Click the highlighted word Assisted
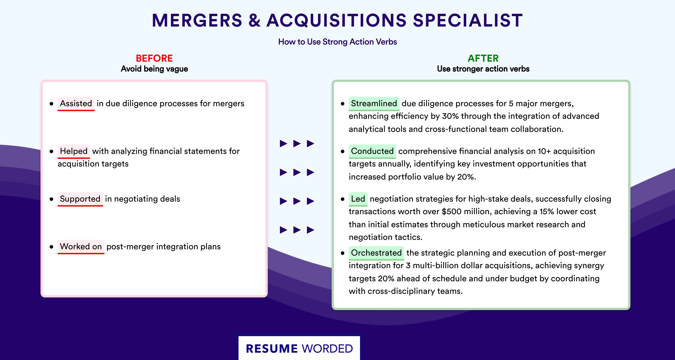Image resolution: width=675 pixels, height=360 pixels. pyautogui.click(x=76, y=103)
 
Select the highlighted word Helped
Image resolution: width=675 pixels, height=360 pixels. pyautogui.click(x=74, y=151)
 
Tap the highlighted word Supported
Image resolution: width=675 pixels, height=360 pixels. pyautogui.click(x=80, y=199)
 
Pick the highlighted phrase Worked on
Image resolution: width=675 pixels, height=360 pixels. pyautogui.click(x=81, y=247)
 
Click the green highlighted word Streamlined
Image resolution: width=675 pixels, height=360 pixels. pyautogui.click(x=374, y=103)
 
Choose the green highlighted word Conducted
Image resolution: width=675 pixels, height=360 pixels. pyautogui.click(x=372, y=151)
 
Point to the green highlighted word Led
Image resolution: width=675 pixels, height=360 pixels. pyautogui.click(x=358, y=199)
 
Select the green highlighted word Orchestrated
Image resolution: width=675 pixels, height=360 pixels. pyautogui.click(x=376, y=253)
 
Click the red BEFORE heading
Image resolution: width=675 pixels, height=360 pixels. pyautogui.click(x=154, y=58)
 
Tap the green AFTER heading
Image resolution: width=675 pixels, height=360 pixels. pyautogui.click(x=483, y=58)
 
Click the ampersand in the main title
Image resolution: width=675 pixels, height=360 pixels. pyautogui.click(x=254, y=20)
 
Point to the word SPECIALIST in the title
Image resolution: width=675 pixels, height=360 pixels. pyautogui.click(x=468, y=20)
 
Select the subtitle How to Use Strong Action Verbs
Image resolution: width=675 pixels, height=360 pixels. pyautogui.click(x=337, y=42)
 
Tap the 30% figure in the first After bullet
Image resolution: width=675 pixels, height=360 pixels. pyautogui.click(x=450, y=116)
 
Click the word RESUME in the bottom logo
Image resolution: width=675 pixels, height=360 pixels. pyautogui.click(x=272, y=349)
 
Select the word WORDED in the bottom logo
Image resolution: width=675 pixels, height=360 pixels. pyautogui.click(x=327, y=349)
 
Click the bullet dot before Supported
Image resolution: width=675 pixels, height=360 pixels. pyautogui.click(x=51, y=199)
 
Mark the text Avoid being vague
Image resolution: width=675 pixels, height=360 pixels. pyautogui.click(x=154, y=69)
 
